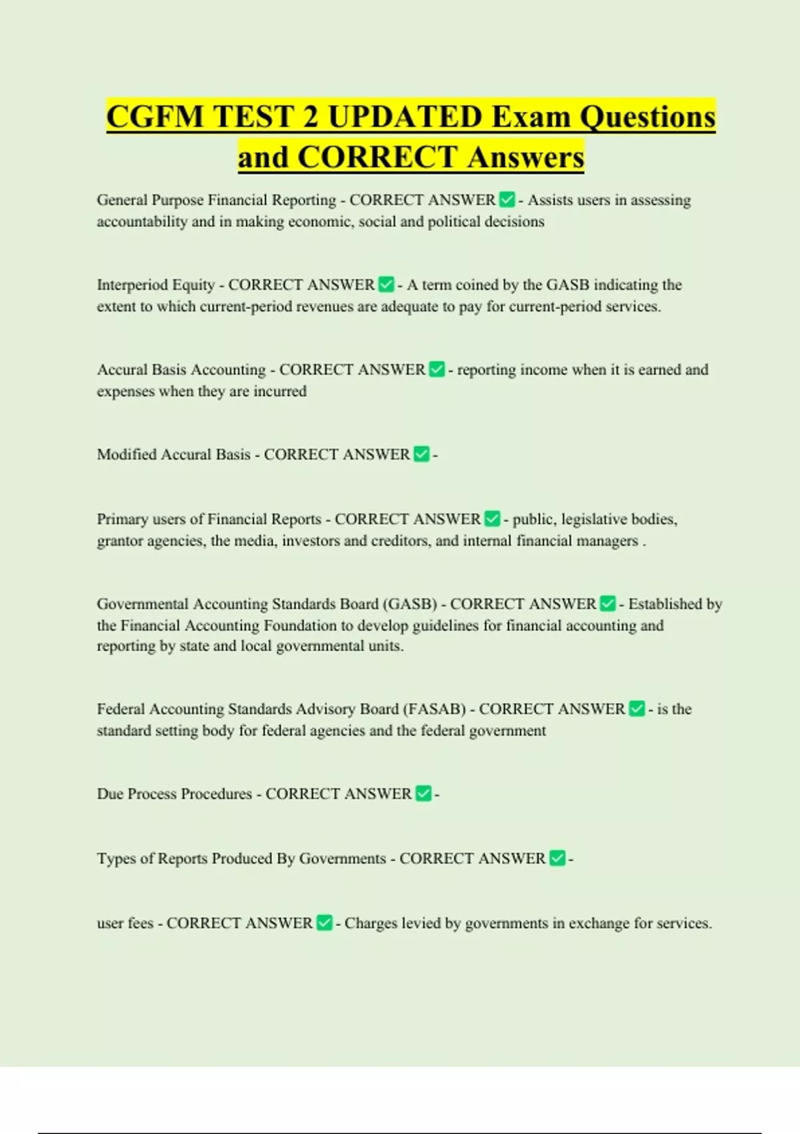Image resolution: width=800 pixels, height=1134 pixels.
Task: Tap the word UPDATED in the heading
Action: [405, 117]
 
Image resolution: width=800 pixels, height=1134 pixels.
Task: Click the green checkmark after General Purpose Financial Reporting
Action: [507, 199]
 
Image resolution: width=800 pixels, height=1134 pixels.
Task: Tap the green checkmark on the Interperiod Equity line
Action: [386, 285]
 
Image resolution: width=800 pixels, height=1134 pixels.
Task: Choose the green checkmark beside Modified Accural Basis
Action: [421, 454]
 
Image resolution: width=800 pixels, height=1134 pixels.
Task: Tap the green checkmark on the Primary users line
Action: [492, 519]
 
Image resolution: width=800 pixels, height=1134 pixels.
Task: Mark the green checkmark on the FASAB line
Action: [637, 708]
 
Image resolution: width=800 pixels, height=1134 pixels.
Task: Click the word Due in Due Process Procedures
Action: [110, 794]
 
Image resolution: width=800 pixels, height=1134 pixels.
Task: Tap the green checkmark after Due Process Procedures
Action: [423, 794]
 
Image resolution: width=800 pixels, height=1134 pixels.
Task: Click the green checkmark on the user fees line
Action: [324, 923]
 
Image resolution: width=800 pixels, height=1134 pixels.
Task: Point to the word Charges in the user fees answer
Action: [370, 923]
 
